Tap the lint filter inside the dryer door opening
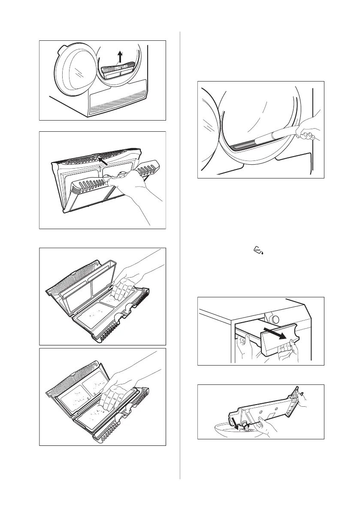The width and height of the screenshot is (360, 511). tap(117, 69)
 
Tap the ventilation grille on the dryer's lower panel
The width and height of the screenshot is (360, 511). tap(116, 103)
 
